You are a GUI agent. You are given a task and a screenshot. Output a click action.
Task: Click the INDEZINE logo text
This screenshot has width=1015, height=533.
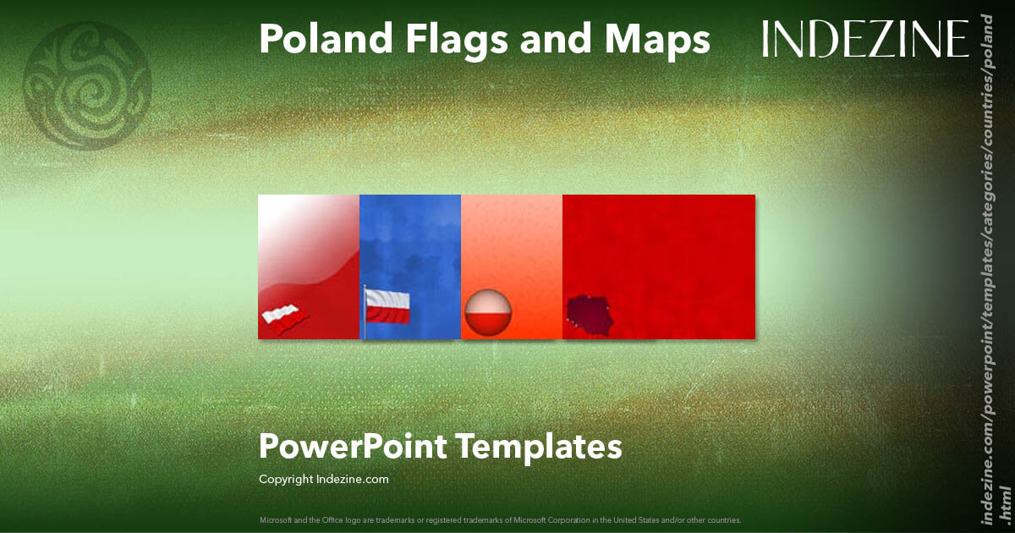(x=865, y=39)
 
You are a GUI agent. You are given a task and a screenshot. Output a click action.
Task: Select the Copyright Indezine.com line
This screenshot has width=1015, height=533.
(x=324, y=479)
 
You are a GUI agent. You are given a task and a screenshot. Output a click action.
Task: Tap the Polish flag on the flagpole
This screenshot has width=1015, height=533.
(x=388, y=305)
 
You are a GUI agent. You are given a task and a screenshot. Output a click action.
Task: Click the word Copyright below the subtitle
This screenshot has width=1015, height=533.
(x=287, y=479)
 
